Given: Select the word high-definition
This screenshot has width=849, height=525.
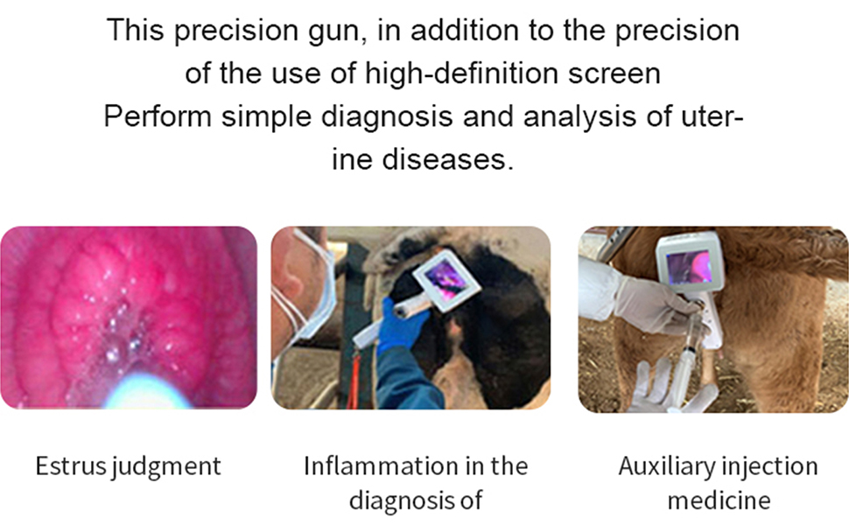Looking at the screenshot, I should tap(476, 73).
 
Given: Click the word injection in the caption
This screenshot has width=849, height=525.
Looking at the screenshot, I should tap(770, 465).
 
